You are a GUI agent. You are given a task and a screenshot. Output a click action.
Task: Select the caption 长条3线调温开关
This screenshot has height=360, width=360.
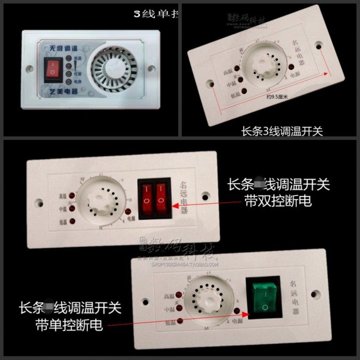click(282, 131)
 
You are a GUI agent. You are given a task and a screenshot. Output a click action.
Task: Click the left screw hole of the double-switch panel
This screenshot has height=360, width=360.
click(38, 202)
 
